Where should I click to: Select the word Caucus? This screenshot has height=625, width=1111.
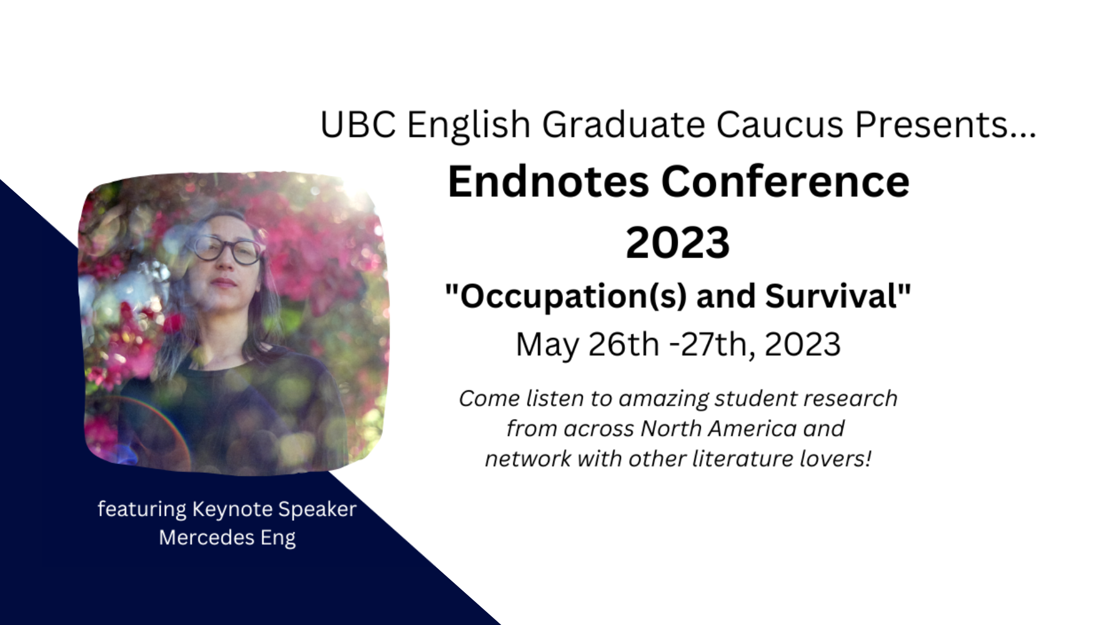pos(780,124)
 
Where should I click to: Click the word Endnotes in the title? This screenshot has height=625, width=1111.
pos(549,182)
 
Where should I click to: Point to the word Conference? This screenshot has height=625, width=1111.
pos(785,182)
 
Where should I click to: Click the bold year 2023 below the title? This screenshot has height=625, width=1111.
pos(678,242)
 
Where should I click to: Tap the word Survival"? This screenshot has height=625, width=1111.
pos(838,296)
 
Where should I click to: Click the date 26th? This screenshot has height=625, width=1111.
pos(624,344)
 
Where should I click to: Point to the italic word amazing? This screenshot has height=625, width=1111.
pos(663,399)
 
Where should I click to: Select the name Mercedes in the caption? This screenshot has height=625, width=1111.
pos(207,538)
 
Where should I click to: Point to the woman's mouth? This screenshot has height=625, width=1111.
pos(223,283)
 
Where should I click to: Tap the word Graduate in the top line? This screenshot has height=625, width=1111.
pos(623,124)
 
